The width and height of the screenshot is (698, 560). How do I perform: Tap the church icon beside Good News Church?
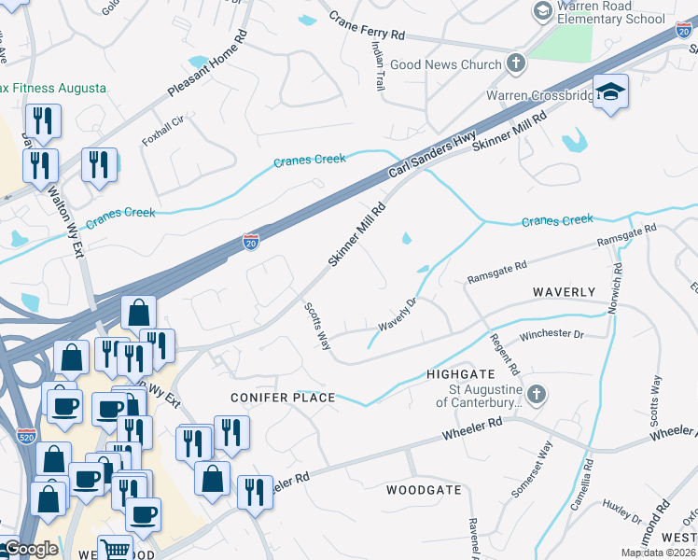coord(514,64)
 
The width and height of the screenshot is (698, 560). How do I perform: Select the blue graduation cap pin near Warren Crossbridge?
coord(610,91)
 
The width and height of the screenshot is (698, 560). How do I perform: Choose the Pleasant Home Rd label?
coord(208,64)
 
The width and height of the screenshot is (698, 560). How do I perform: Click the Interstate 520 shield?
coord(27,435)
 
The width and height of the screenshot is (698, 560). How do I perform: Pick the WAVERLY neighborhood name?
coord(564,292)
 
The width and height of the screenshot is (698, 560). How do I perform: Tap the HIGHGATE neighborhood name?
coord(458,372)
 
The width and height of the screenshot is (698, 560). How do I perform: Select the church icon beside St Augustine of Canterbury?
coord(536,395)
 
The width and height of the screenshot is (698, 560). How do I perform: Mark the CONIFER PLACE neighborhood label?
coord(283,398)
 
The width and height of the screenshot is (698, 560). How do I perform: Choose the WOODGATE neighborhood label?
coord(424,489)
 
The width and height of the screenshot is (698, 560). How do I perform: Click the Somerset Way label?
coord(532,477)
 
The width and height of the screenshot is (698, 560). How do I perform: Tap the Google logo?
coord(31,550)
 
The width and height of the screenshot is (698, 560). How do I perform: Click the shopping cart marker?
coord(114,549)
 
